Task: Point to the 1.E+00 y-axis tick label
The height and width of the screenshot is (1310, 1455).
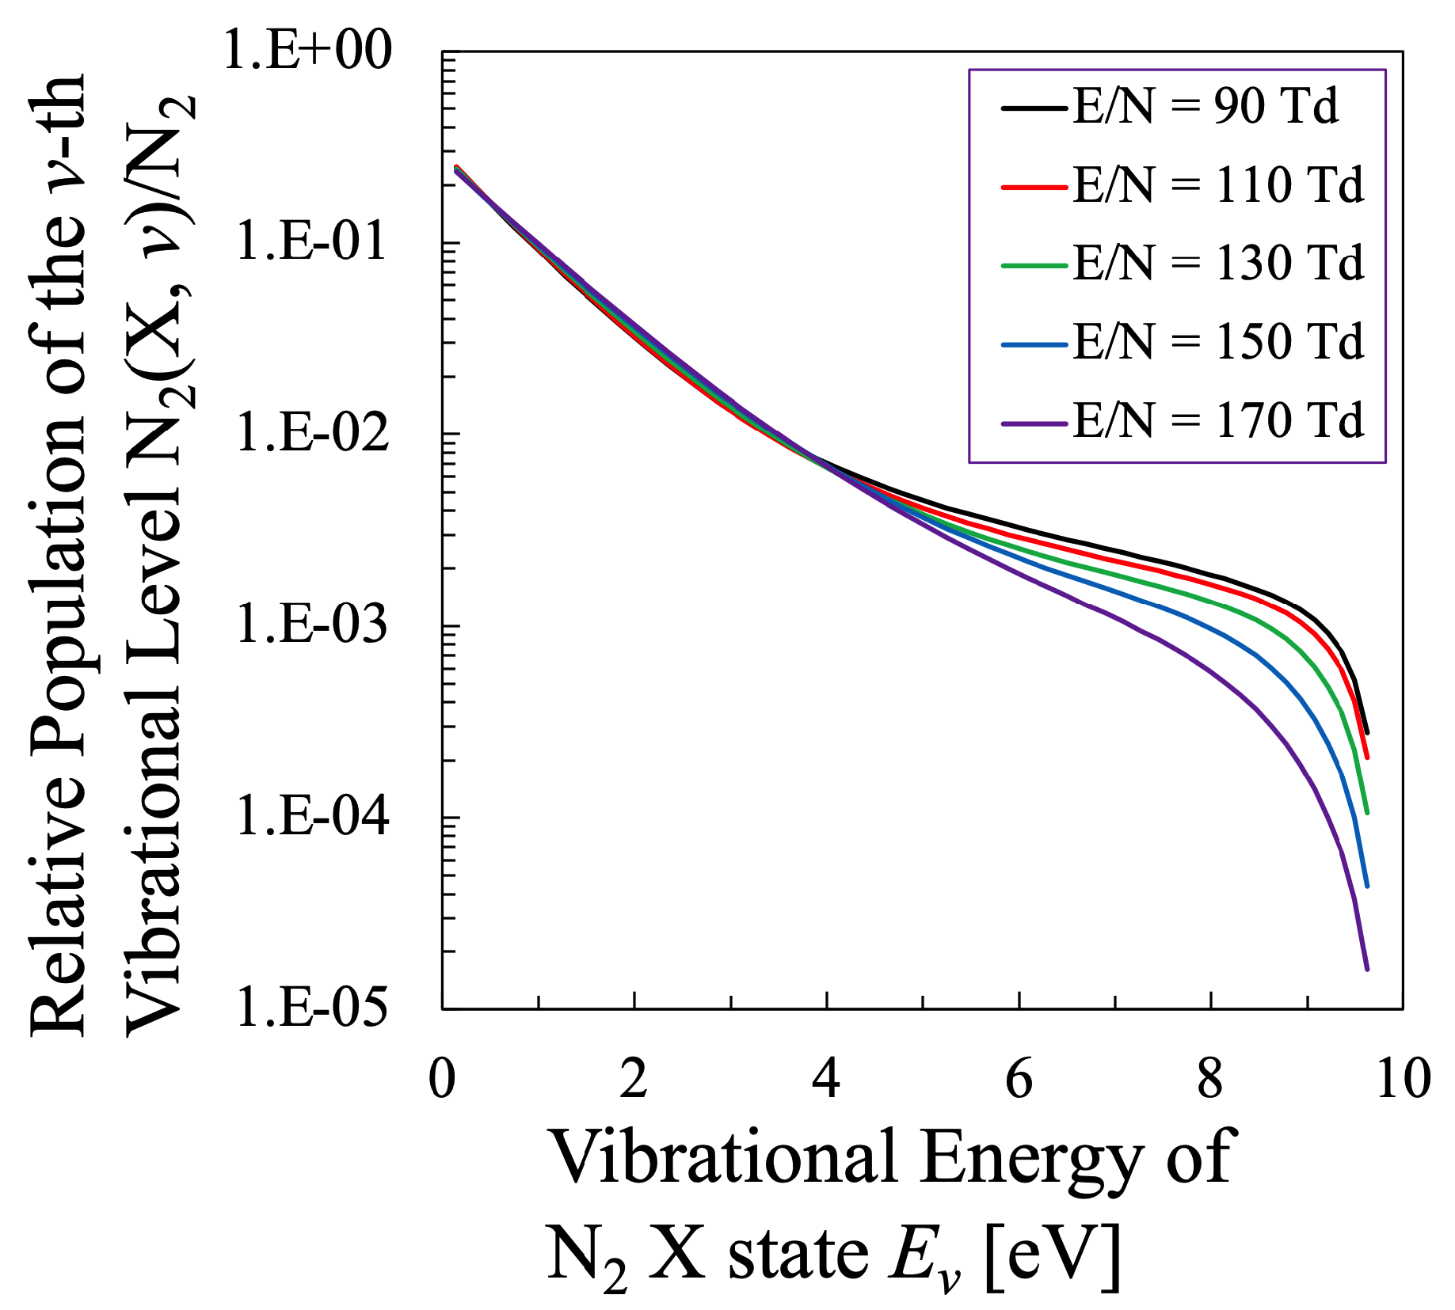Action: pos(307,51)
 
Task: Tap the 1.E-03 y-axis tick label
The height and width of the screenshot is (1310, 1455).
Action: pos(312,625)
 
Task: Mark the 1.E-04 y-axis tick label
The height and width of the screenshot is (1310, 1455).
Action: pos(312,816)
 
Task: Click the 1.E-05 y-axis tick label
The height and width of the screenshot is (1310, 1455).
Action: pos(312,1008)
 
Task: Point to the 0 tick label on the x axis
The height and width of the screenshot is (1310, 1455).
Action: pos(441,1079)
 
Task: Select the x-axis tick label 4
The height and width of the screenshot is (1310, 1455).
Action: pos(826,1079)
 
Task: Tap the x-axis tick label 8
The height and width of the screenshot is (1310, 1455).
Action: pos(1210,1079)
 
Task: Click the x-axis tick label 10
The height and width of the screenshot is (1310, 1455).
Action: pos(1403,1079)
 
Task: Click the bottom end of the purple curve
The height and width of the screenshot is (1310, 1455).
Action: pos(1366,968)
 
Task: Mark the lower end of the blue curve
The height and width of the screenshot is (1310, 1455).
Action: pos(1366,886)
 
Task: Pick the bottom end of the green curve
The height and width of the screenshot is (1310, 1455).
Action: pos(1367,811)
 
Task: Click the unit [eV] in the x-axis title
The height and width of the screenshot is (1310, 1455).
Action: pos(1053,1256)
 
